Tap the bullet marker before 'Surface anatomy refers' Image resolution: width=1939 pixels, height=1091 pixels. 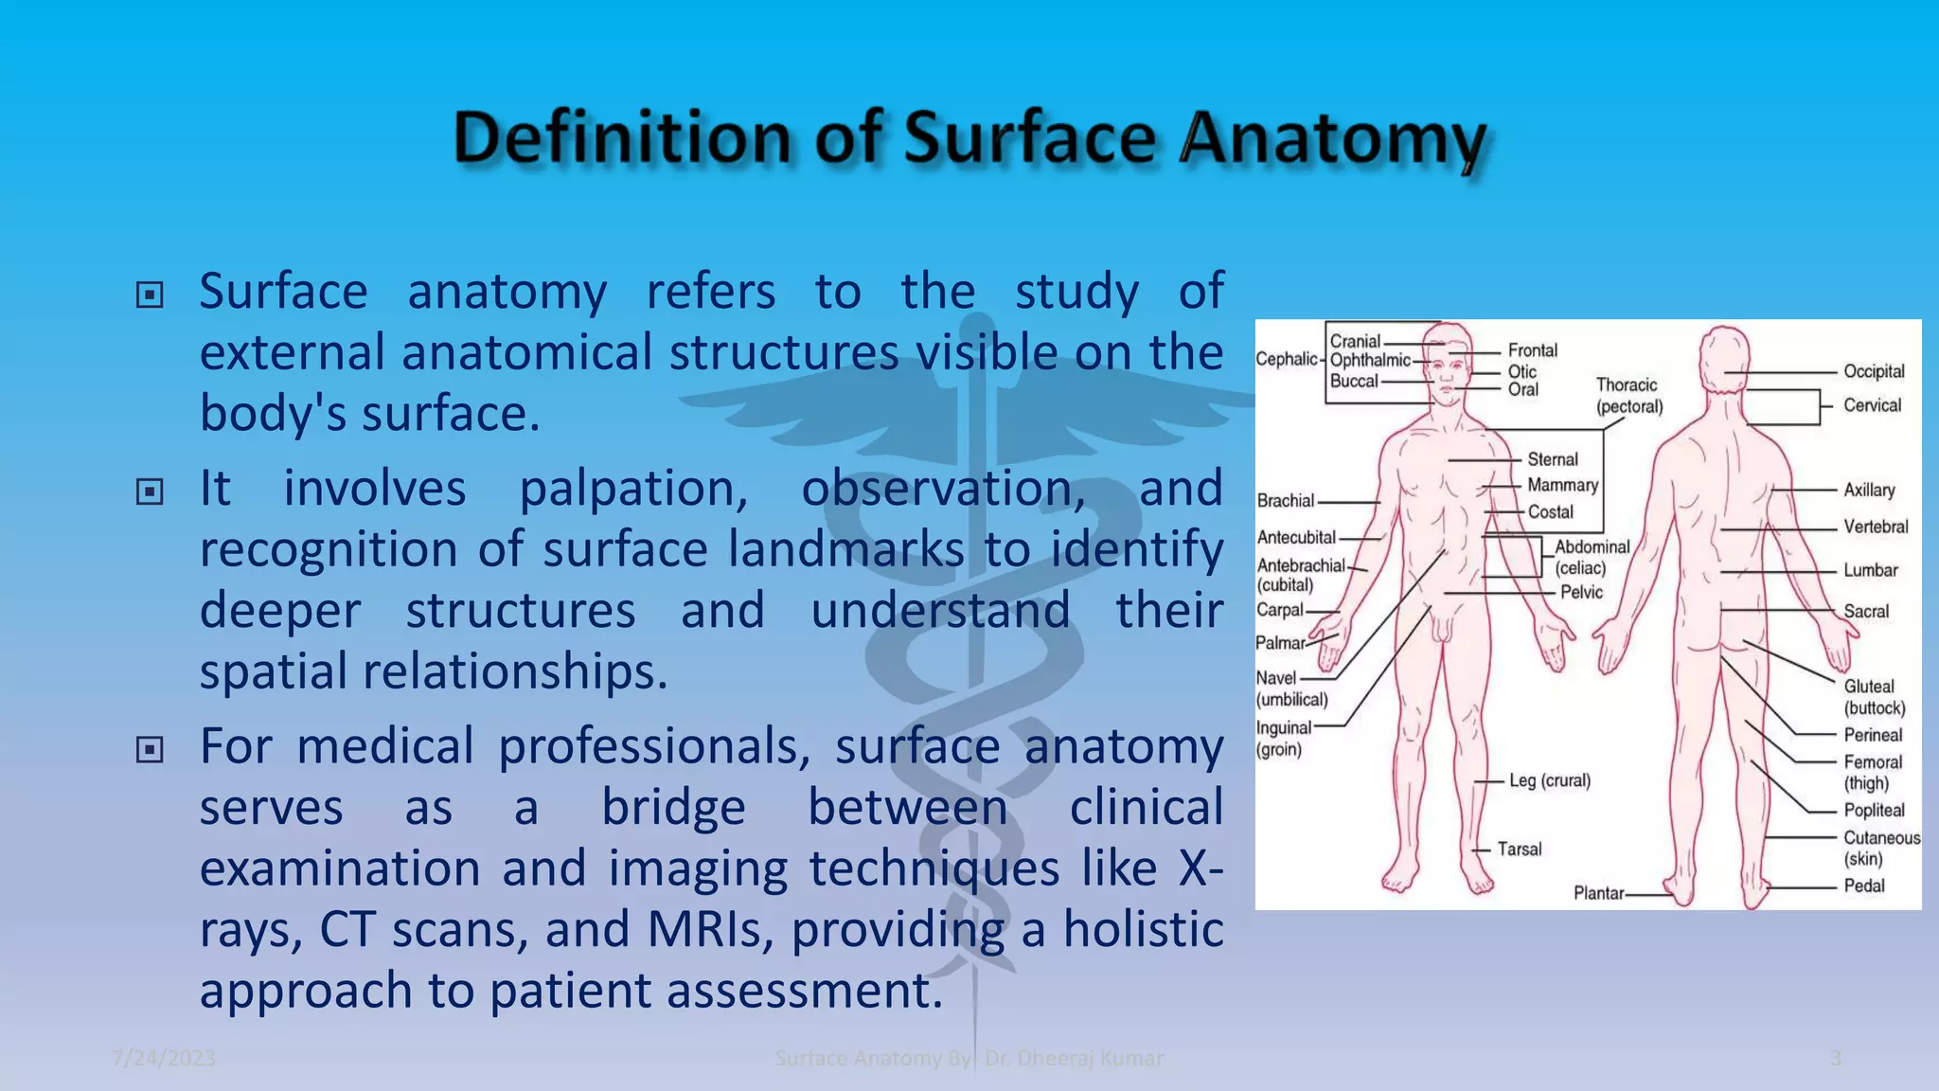[x=150, y=295]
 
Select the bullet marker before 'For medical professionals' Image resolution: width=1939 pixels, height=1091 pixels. [x=150, y=750]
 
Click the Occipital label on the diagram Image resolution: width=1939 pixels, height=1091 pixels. [x=1873, y=371]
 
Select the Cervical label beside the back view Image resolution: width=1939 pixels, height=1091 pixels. [x=1871, y=405]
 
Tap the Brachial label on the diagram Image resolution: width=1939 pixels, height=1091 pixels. [x=1285, y=501]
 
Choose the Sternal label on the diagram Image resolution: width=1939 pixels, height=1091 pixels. [x=1552, y=459]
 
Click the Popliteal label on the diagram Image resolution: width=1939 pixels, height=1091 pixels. [x=1873, y=810]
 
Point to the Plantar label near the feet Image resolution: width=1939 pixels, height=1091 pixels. [x=1598, y=893]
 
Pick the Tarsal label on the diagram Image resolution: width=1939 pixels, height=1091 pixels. [x=1519, y=850]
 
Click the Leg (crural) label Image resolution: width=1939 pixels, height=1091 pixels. [x=1549, y=780]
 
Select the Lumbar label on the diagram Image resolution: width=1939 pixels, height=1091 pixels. [x=1870, y=570]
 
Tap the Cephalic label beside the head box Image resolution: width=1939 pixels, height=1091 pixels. [x=1286, y=359]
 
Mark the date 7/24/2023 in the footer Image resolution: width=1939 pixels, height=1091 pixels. [x=164, y=1058]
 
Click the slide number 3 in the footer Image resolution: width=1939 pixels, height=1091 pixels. [x=1835, y=1058]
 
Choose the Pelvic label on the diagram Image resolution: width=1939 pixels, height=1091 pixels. [x=1581, y=592]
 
